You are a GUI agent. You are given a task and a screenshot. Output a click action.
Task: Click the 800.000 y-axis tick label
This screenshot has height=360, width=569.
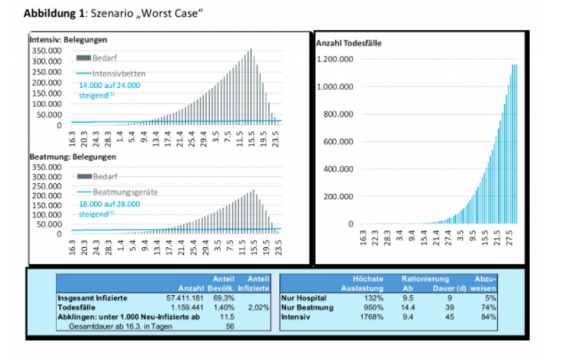pos(339,114)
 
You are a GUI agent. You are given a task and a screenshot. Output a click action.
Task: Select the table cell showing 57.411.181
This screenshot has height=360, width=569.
pos(185,298)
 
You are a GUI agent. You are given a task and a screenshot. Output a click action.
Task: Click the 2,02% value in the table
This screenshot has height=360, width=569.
pos(259,307)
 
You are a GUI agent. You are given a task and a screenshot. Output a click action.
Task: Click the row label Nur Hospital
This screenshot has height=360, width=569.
pos(303,298)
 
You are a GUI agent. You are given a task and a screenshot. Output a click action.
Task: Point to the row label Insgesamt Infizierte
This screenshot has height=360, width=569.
pos(90,298)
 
